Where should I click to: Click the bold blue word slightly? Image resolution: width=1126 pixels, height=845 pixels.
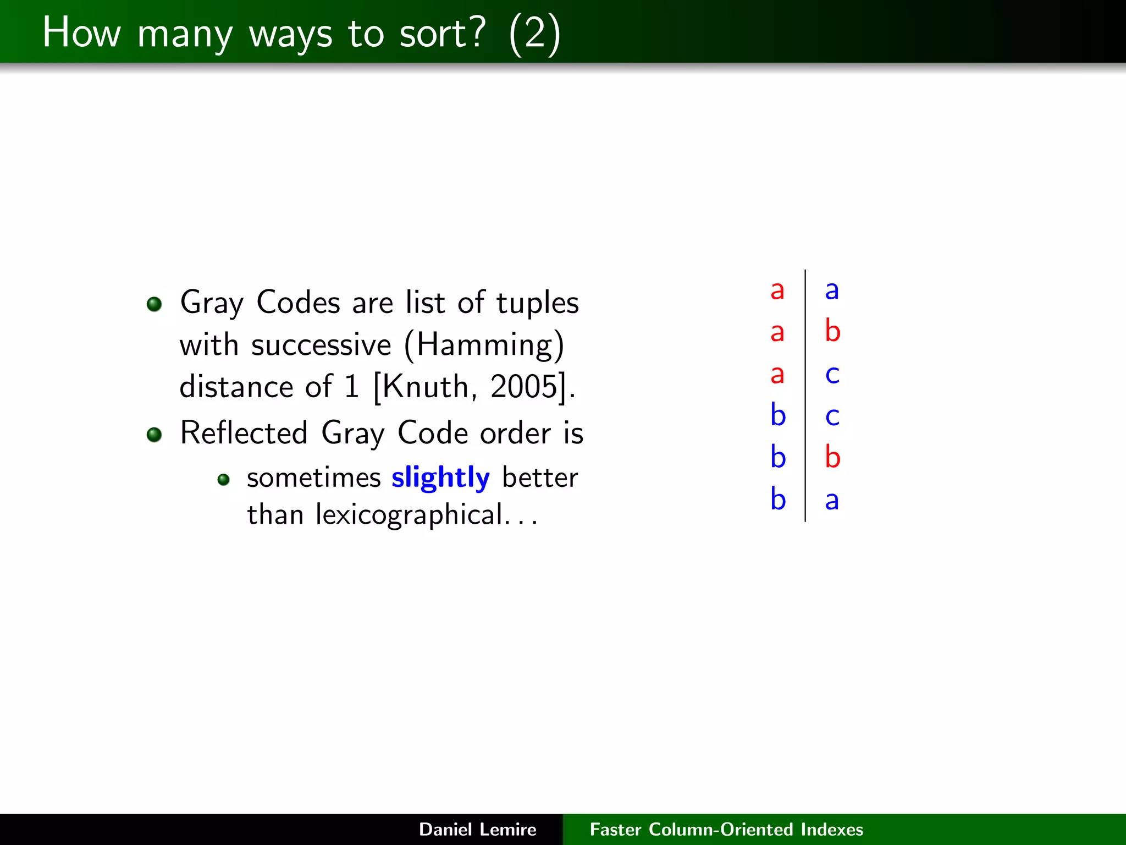click(440, 478)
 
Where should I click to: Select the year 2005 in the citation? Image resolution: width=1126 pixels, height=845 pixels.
click(524, 387)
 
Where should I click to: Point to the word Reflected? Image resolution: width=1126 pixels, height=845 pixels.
click(244, 433)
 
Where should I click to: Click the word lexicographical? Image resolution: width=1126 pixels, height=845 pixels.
click(409, 515)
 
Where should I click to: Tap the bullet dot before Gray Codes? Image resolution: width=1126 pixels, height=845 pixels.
click(154, 304)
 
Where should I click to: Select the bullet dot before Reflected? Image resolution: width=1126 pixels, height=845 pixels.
click(154, 435)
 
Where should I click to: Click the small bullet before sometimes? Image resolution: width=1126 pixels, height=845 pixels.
click(223, 480)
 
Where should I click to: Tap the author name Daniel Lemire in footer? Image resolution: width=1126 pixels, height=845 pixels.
click(477, 830)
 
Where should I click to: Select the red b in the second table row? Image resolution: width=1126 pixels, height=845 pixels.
click(832, 331)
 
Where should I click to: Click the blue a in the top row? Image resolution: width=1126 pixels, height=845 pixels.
click(832, 290)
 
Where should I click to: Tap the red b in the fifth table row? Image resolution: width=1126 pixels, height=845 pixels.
click(832, 457)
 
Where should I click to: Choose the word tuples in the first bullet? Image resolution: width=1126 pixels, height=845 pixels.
click(537, 303)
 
